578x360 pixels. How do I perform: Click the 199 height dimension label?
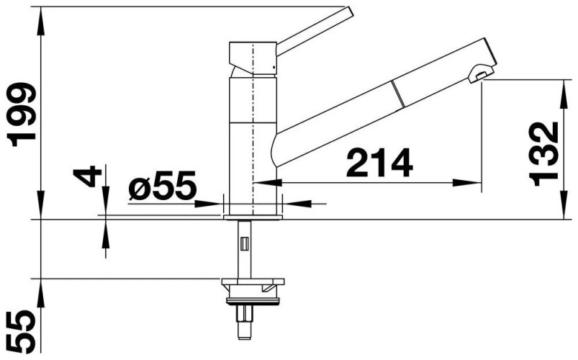tap(22, 114)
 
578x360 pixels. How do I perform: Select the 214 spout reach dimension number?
tap(379, 163)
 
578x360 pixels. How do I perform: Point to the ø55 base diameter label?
tap(162, 185)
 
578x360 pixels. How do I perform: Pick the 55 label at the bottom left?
tap(22, 331)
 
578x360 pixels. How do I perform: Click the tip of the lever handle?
tap(348, 11)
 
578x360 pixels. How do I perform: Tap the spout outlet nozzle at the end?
tap(480, 73)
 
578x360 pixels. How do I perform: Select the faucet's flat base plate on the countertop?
tap(253, 217)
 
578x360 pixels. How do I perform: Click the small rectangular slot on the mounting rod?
tap(245, 244)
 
